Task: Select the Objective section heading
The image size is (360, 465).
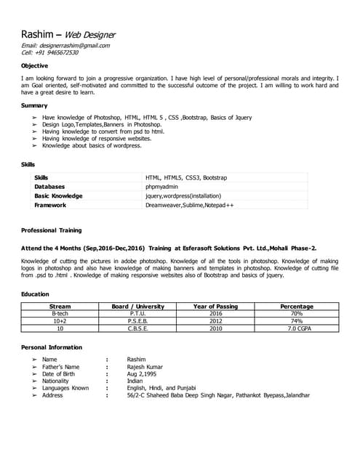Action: pyautogui.click(x=35, y=65)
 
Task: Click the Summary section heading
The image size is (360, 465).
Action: pyautogui.click(x=34, y=105)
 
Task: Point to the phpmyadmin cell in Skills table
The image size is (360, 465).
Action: pyautogui.click(x=163, y=187)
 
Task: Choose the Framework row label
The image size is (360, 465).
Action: pyautogui.click(x=52, y=205)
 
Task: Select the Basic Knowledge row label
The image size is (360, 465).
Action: pyautogui.click(x=58, y=195)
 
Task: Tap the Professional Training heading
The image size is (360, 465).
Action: pyautogui.click(x=51, y=230)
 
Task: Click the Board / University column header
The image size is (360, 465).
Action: pyautogui.click(x=138, y=307)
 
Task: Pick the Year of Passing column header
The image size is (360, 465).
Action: pyautogui.click(x=215, y=307)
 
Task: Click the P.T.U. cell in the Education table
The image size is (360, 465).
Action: pyautogui.click(x=137, y=314)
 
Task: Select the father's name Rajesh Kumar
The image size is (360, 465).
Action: pyautogui.click(x=145, y=367)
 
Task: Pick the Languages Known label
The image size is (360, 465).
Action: pyautogui.click(x=65, y=388)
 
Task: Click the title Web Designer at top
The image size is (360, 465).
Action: pyautogui.click(x=90, y=34)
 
